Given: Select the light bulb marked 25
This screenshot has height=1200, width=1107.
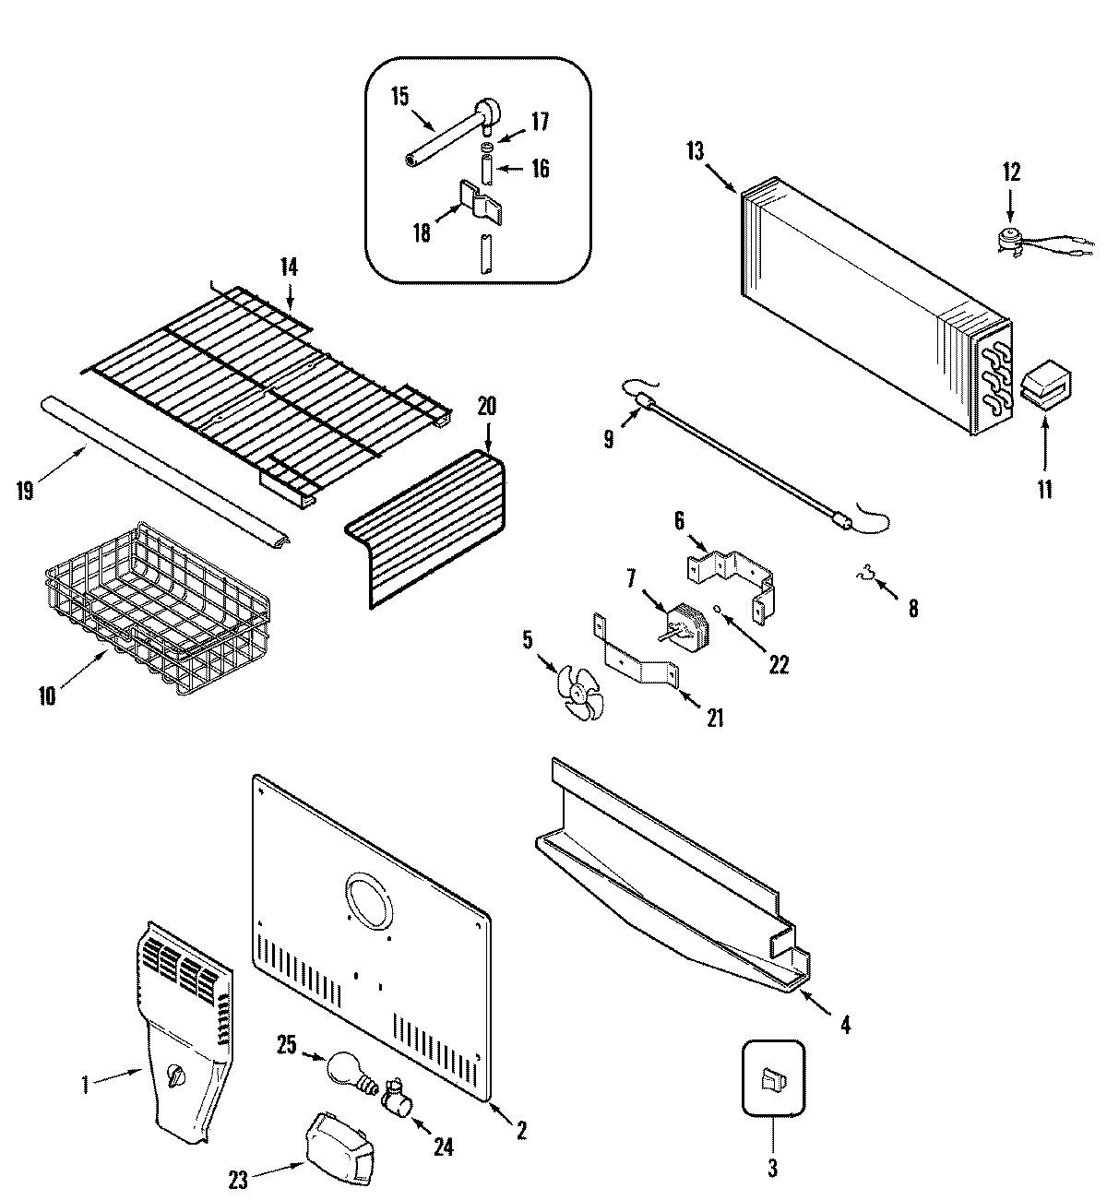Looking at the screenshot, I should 346,1070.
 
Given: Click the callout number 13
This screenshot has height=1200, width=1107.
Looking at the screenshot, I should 695,150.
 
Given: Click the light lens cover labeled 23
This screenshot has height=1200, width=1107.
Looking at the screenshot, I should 336,1143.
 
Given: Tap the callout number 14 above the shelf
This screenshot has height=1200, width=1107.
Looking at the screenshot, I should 290,267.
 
